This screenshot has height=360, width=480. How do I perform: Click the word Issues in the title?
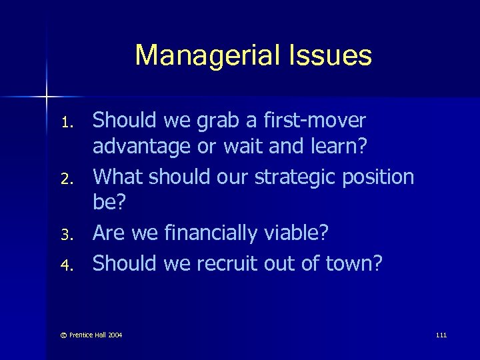tap(334, 55)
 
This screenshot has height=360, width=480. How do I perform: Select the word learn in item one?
tap(337, 147)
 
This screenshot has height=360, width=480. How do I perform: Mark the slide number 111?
tap(441, 335)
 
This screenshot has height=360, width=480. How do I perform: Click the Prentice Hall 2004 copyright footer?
tap(93, 335)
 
